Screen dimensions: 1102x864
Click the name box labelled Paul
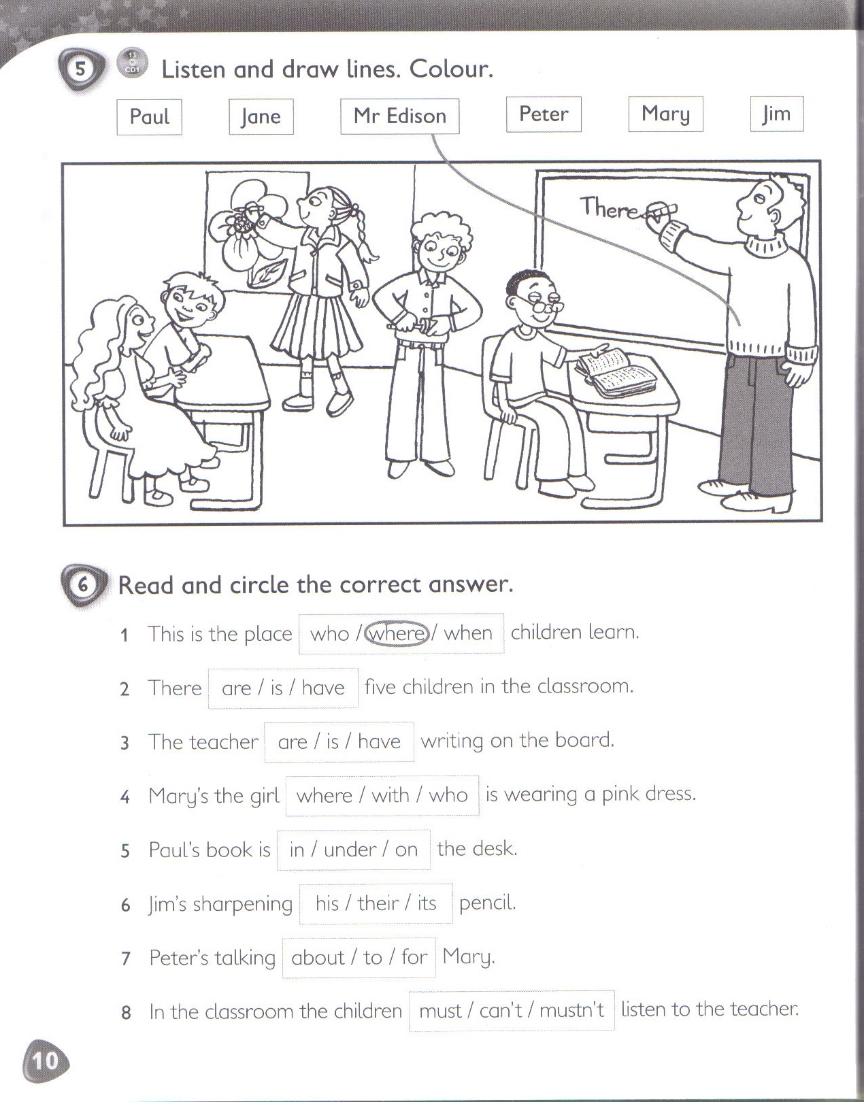(x=149, y=116)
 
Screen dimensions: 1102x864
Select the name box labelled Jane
(x=261, y=116)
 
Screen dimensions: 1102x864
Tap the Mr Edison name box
(x=399, y=116)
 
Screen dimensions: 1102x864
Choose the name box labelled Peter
(x=544, y=114)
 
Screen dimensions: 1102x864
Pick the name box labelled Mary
(x=665, y=114)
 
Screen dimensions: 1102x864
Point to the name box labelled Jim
(x=776, y=114)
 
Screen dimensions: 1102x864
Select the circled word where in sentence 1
(x=398, y=633)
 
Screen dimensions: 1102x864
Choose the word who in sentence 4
(x=448, y=795)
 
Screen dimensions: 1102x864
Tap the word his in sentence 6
(x=327, y=903)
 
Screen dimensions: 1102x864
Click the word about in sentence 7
(x=318, y=958)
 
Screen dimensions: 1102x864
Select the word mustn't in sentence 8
(x=571, y=1011)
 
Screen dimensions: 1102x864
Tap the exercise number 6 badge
(x=83, y=585)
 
